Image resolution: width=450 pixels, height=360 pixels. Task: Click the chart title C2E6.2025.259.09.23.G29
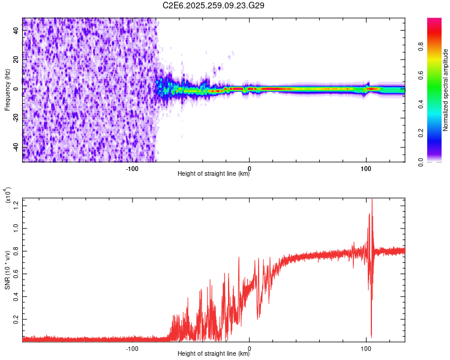point(214,5)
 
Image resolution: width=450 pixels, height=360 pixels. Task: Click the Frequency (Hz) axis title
point(7,89)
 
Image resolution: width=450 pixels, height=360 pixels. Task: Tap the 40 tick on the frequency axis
point(16,31)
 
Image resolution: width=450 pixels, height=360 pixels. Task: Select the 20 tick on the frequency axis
point(16,60)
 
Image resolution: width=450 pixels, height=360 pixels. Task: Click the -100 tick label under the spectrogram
point(133,167)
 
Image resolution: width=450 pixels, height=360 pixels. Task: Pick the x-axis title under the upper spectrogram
point(214,174)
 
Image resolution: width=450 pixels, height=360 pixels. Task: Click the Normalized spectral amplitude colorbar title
point(446,90)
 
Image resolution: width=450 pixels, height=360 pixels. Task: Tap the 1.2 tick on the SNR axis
point(16,206)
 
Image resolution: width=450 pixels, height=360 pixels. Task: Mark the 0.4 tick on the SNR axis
point(16,297)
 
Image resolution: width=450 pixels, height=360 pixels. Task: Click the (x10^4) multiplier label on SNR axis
point(8,196)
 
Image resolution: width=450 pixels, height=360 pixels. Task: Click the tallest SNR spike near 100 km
point(372,200)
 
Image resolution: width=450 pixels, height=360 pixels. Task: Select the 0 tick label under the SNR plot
point(250,347)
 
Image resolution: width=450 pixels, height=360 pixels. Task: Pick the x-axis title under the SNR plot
point(214,354)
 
